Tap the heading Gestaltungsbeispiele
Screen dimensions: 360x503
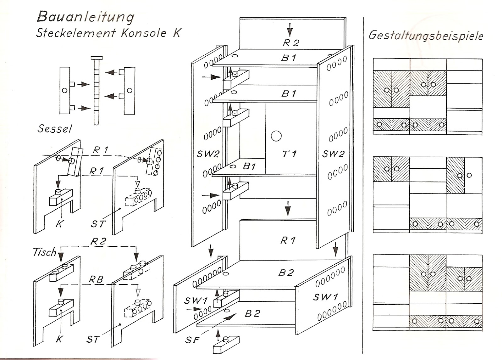point(426,36)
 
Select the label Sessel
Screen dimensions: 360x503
point(54,128)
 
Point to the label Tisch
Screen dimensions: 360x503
point(44,252)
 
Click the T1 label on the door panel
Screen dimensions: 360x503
point(289,154)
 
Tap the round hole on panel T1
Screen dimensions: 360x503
point(276,136)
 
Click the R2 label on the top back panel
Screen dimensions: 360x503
point(291,43)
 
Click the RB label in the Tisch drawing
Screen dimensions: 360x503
point(96,279)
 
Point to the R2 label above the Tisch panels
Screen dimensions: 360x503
point(98,242)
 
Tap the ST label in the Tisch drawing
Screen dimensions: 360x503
point(93,339)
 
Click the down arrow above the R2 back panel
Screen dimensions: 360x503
point(290,31)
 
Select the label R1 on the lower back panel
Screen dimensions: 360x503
point(288,240)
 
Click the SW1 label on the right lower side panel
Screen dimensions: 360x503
point(325,297)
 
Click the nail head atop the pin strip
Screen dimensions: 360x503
point(96,58)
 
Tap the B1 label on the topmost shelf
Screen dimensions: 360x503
point(289,58)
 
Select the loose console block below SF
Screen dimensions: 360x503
point(226,346)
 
